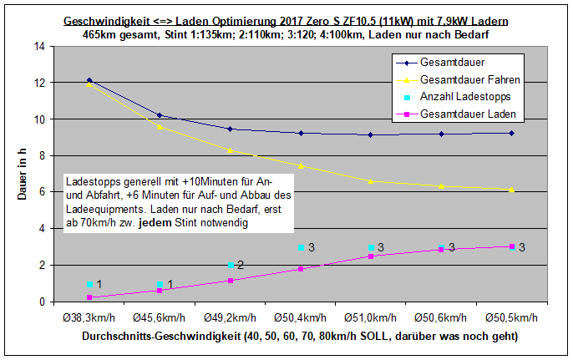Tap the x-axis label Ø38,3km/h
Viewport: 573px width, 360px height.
pos(89,318)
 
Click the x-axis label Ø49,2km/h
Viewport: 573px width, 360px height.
pos(230,318)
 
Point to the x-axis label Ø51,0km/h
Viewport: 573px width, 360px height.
pos(371,318)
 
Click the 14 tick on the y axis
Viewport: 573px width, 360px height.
pos(38,46)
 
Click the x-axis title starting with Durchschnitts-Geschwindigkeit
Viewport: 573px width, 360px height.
pos(299,337)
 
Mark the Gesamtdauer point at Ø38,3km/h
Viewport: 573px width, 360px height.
pos(89,80)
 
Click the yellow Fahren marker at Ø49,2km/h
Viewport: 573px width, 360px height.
pos(230,150)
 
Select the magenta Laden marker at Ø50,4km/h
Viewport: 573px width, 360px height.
pos(301,269)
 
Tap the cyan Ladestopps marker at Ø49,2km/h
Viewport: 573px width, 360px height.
pos(230,266)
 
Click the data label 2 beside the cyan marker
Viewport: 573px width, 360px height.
pos(240,265)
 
